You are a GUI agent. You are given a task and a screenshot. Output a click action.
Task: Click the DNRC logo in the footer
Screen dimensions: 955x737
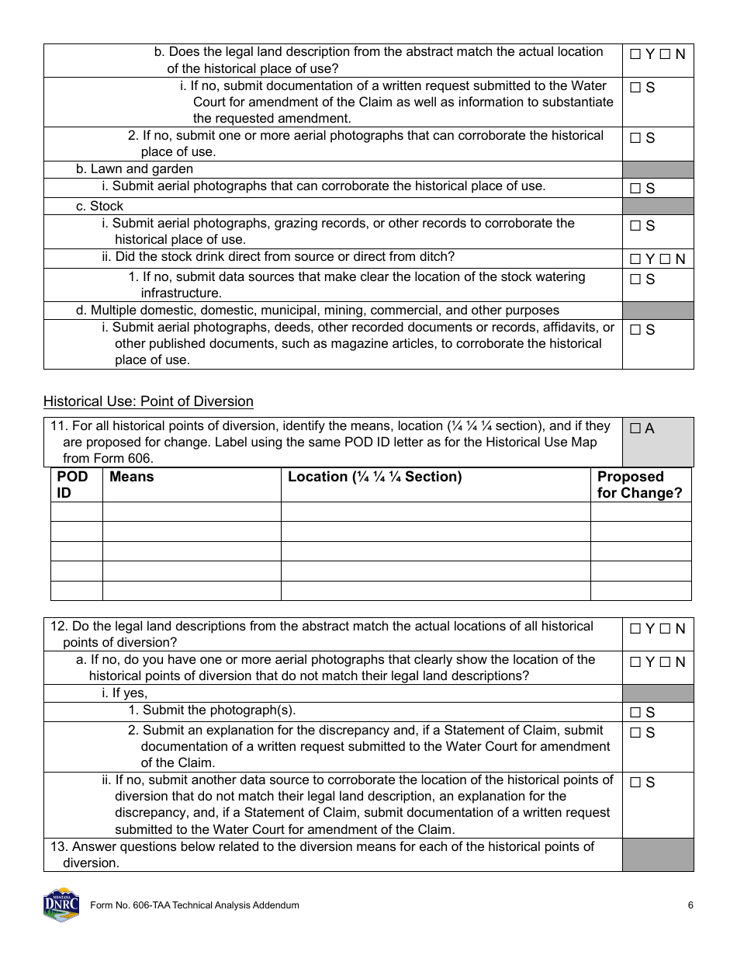[x=61, y=904]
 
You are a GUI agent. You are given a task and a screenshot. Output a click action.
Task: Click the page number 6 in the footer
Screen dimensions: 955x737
[x=690, y=905]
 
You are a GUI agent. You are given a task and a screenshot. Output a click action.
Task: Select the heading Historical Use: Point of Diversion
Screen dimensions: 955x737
[x=148, y=401]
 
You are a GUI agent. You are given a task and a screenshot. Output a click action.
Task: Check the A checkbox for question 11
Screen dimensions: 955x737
[x=635, y=429]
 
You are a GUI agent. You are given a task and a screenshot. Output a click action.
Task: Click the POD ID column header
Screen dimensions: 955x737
[x=72, y=484]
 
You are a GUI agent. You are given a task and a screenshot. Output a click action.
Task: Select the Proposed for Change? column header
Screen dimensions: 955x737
[x=639, y=484]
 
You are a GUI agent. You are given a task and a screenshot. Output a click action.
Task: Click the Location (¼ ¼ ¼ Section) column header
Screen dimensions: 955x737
[x=374, y=477]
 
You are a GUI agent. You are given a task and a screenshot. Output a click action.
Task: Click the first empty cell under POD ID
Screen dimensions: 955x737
[x=76, y=512]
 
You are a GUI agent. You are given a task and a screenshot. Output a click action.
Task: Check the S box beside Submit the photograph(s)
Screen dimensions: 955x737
[x=635, y=713]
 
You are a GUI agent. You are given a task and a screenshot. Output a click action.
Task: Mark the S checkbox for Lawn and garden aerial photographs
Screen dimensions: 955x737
[x=635, y=189]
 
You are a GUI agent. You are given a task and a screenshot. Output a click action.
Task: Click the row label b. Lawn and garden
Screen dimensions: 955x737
[x=134, y=168]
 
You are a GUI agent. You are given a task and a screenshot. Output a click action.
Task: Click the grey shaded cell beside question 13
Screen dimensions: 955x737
[x=657, y=854]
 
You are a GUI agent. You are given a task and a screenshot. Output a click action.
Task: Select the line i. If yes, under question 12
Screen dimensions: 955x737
[x=124, y=693]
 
